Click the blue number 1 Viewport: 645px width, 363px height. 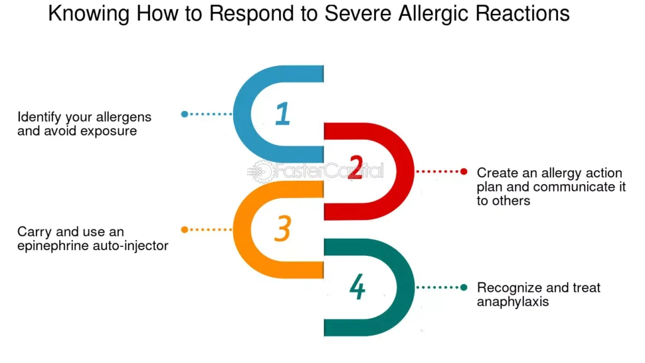(x=283, y=114)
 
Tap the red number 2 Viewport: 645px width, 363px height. (x=355, y=171)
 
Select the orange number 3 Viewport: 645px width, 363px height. (x=282, y=230)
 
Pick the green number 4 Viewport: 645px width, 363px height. (x=357, y=287)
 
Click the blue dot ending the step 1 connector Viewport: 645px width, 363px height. (x=185, y=114)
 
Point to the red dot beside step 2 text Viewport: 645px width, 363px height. (x=464, y=171)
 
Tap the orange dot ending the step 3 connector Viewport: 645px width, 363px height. (x=185, y=230)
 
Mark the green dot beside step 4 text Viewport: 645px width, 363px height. (x=464, y=287)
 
